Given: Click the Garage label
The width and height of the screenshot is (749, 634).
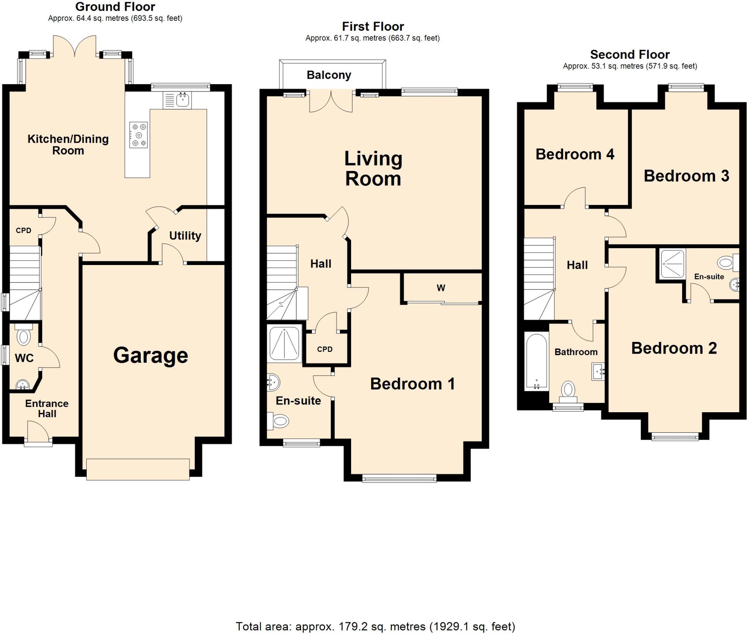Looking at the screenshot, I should [150, 355].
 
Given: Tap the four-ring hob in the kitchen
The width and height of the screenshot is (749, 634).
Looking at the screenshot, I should [139, 135].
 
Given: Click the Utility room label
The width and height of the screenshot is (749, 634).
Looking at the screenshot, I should [185, 235].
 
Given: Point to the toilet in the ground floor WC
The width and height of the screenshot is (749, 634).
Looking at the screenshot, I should [24, 336].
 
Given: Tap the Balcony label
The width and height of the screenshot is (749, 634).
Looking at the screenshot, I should [329, 75].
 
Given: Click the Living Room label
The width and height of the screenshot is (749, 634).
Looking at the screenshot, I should [373, 169].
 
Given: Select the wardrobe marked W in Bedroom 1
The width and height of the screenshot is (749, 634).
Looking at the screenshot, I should [441, 288].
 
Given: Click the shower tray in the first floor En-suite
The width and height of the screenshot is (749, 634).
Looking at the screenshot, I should [284, 343].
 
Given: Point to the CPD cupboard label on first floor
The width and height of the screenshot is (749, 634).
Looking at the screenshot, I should [325, 349].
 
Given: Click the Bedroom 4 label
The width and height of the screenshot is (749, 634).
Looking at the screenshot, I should [575, 154].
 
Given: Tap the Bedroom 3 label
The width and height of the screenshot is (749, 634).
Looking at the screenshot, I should [686, 176].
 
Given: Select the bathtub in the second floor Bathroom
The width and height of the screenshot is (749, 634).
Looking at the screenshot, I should [537, 361].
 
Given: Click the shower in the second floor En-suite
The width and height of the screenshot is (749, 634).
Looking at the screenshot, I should [672, 264].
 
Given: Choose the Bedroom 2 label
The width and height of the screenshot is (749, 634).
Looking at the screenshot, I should [674, 348].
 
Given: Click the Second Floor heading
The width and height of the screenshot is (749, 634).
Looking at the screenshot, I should [630, 55].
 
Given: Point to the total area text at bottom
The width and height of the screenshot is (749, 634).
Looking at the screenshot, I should [375, 626].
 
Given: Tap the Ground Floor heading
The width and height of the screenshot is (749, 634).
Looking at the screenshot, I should [115, 7].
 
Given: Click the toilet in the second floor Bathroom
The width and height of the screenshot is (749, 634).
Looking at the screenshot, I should [568, 390].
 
